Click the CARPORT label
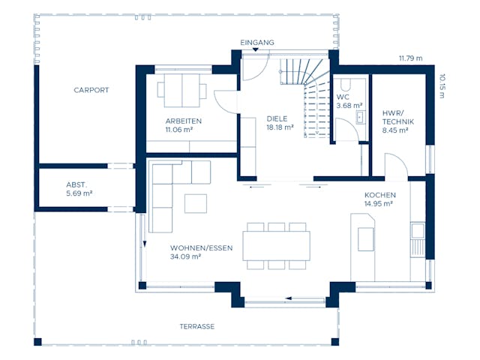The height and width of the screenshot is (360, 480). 91,90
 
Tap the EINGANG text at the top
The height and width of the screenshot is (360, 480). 257,43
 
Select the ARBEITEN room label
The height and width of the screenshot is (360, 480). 183,121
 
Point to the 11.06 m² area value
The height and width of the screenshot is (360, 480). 179,130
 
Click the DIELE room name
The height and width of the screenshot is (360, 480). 277,118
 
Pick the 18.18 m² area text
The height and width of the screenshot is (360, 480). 280,128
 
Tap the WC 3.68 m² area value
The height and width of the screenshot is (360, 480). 349,106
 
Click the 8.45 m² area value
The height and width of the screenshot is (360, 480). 394,130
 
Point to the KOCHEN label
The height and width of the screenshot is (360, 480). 379,195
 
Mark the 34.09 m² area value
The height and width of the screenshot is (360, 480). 185,256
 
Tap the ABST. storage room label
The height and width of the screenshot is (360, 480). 77,184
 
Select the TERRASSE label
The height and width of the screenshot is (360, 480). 197,327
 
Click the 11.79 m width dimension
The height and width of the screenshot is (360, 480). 410,58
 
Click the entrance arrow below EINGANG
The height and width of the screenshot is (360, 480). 256,50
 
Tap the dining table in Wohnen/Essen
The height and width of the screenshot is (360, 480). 276,245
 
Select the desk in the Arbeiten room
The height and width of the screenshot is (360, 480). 182,91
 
